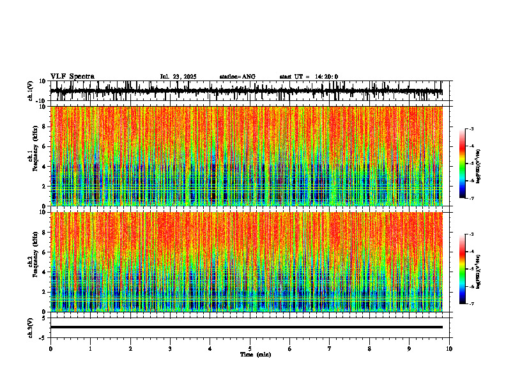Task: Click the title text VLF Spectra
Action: (72, 77)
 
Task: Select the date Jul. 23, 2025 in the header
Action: (178, 77)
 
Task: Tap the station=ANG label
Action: (237, 77)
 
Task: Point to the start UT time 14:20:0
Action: (325, 77)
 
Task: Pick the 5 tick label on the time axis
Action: (250, 349)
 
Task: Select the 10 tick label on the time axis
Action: (449, 349)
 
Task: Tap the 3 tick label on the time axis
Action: (170, 349)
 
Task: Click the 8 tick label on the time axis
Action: (369, 349)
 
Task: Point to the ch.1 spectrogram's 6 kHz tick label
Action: (45, 147)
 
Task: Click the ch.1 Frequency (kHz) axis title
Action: (33, 155)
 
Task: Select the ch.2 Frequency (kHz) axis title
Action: (33, 261)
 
